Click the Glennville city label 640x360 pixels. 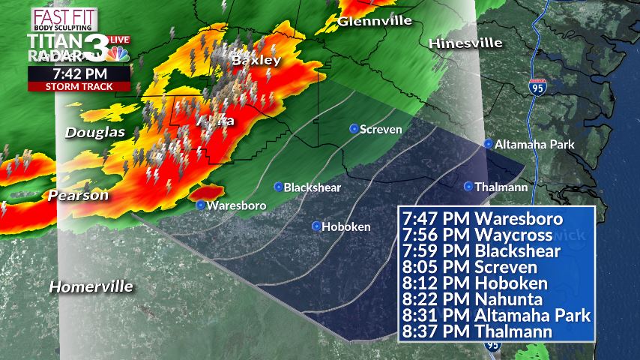click(x=375, y=21)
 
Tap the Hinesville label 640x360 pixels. click(x=465, y=43)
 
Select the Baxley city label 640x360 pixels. click(x=256, y=60)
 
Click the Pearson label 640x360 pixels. click(x=79, y=196)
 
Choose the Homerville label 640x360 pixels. click(x=91, y=286)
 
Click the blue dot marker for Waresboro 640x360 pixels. click(x=200, y=205)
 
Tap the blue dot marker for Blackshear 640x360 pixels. click(x=278, y=187)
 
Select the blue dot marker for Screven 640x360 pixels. click(x=354, y=129)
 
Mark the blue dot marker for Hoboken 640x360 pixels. click(x=316, y=226)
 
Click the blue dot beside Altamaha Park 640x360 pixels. click(x=488, y=143)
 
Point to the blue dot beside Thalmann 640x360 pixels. click(x=468, y=186)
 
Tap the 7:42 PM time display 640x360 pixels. click(x=79, y=73)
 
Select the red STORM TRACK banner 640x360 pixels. click(x=79, y=86)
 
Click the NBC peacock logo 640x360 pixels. click(x=118, y=53)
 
